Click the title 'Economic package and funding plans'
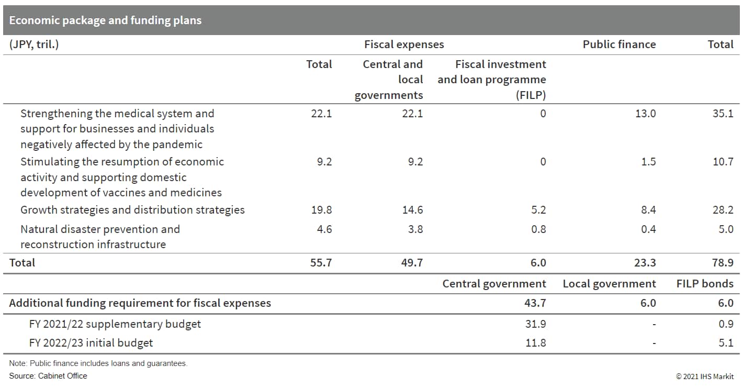click(x=105, y=20)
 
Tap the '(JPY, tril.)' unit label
click(x=34, y=45)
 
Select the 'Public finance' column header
click(x=619, y=45)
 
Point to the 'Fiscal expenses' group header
click(x=404, y=45)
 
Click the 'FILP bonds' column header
click(x=705, y=284)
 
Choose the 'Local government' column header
click(x=609, y=284)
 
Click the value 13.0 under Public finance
click(x=645, y=114)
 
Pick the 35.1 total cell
click(x=723, y=114)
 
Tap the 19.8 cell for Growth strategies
click(x=321, y=210)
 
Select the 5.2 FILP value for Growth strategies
click(x=538, y=210)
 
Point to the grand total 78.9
click(x=723, y=263)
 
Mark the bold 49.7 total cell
click(x=412, y=263)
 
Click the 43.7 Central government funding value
click(x=535, y=303)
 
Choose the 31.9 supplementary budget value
click(x=535, y=324)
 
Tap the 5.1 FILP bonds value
click(x=726, y=343)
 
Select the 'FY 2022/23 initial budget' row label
click(x=91, y=343)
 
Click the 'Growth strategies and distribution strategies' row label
click(x=132, y=210)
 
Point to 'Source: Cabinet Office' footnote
click(x=48, y=376)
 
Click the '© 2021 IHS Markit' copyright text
click(x=705, y=376)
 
